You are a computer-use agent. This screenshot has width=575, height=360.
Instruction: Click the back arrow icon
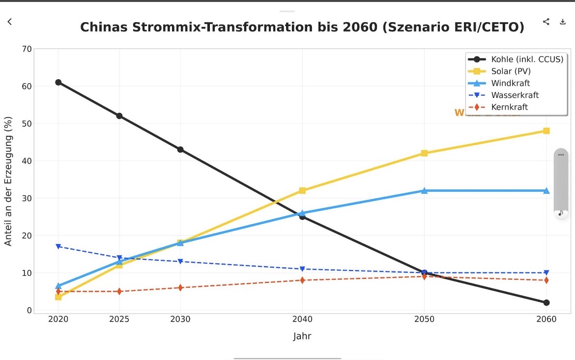[x=9, y=22]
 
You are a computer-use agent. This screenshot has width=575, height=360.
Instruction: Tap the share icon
[x=546, y=22]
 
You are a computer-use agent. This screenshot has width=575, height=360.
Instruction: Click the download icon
[x=563, y=22]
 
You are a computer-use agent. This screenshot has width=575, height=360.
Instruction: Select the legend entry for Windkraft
[x=511, y=83]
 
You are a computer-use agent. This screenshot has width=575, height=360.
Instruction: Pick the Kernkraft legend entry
[x=510, y=107]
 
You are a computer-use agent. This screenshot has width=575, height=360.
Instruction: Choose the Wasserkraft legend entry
[x=515, y=95]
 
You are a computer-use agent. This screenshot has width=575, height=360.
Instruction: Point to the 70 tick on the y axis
[x=26, y=49]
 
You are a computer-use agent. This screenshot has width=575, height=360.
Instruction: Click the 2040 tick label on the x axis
[x=302, y=319]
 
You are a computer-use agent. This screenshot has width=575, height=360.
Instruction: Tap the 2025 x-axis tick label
[x=119, y=319]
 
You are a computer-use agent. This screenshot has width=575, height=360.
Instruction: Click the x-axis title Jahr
[x=302, y=336]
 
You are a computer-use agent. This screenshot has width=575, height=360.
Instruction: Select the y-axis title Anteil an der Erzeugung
[x=8, y=181]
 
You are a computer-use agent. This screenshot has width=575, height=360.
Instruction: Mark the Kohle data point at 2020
[x=58, y=82]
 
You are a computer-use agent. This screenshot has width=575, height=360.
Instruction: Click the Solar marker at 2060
[x=546, y=131]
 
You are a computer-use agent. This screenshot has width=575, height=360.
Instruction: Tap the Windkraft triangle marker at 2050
[x=424, y=190]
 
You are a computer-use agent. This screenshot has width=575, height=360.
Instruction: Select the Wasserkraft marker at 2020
[x=58, y=246]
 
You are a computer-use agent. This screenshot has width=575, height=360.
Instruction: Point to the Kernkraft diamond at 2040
[x=302, y=280]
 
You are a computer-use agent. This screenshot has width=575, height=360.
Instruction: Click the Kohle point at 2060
[x=546, y=302]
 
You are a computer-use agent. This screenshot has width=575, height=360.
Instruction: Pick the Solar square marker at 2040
[x=302, y=190]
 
